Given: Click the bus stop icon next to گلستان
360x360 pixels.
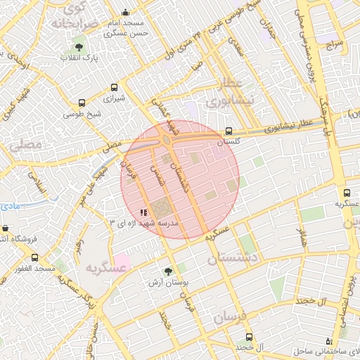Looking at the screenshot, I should tap(229, 131).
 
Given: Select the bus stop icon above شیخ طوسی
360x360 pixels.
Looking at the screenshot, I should tap(82, 103).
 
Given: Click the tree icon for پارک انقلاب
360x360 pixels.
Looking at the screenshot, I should tap(78, 48).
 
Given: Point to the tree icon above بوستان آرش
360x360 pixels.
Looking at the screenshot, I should tap(167, 271).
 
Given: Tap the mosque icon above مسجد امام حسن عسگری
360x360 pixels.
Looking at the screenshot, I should tap(125, 12).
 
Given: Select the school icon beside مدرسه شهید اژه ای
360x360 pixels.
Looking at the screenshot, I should tap(143, 212).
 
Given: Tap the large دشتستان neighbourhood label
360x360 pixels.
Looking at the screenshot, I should tap(235, 258).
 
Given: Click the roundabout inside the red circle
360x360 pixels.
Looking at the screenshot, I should tap(167, 140).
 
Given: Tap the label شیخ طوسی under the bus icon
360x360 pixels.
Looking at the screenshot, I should tap(82, 113).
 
